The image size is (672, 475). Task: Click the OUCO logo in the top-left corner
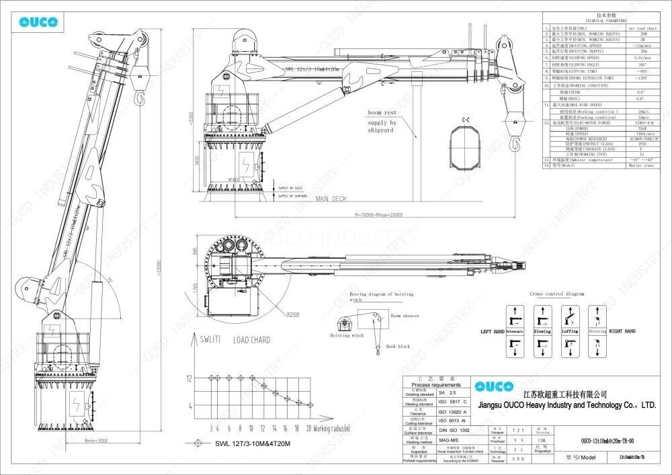tap(38, 21)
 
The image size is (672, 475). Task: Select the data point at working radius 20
tap(309, 406)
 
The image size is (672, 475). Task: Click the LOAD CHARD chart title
tap(251, 340)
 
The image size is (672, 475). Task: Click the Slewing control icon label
tap(542, 331)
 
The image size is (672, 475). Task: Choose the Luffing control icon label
tap(570, 331)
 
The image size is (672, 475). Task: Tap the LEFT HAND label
tap(493, 331)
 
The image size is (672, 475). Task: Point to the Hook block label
tap(398, 347)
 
